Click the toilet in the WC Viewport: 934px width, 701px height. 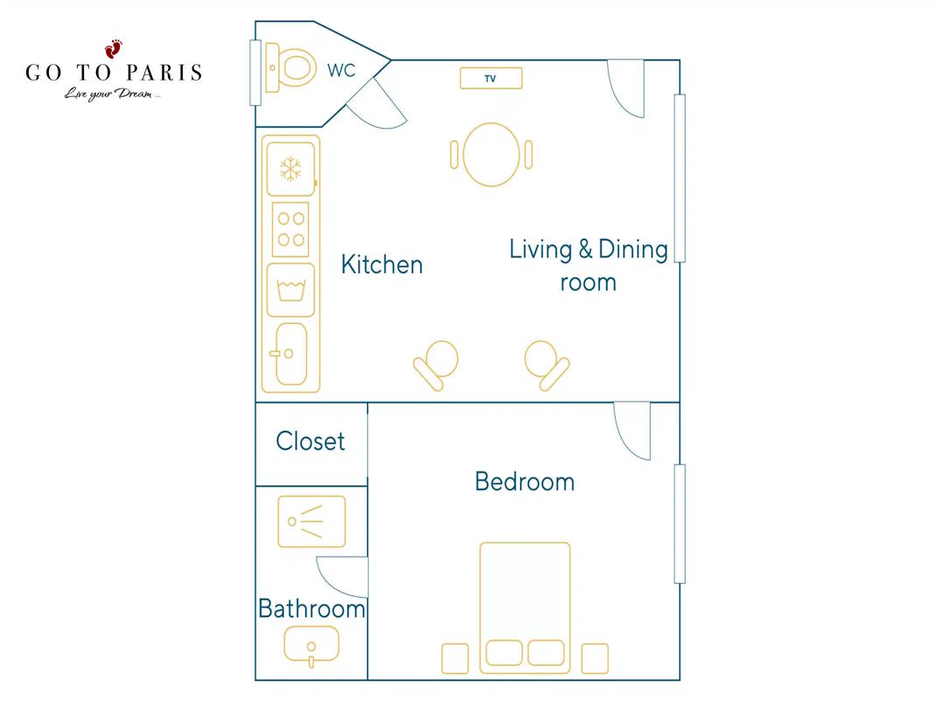point(290,67)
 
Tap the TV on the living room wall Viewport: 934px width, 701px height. point(491,78)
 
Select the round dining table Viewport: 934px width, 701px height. point(491,155)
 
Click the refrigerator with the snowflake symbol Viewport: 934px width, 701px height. point(290,169)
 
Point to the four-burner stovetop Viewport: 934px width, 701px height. point(290,229)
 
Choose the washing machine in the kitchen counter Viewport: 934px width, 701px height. point(290,290)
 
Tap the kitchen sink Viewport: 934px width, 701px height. point(291,354)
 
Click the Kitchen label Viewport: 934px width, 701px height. point(382,264)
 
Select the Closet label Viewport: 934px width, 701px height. point(310,441)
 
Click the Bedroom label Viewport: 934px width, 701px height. point(525,481)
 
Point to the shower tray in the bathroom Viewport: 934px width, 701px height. point(311,522)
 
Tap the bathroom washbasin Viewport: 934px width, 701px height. point(311,646)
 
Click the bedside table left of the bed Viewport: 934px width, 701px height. point(455,659)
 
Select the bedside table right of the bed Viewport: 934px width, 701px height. point(595,659)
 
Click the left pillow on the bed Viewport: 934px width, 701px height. point(504,653)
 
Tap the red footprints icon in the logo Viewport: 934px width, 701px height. point(113,49)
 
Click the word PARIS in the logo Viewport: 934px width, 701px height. point(164,73)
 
